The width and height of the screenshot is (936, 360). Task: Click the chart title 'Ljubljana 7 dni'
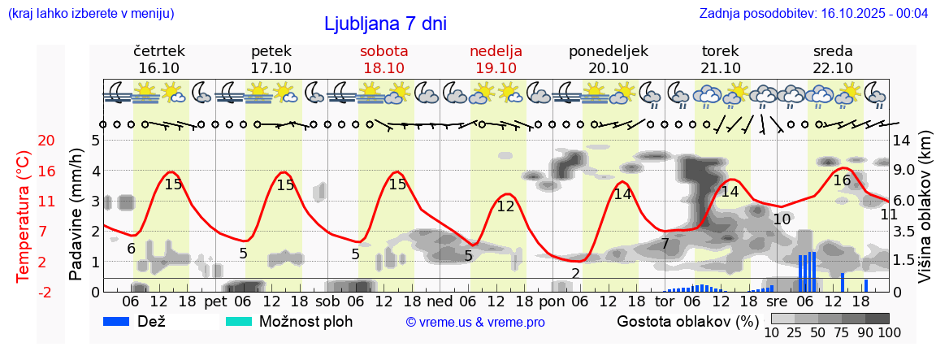(385, 24)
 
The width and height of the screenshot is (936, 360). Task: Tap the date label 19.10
(496, 68)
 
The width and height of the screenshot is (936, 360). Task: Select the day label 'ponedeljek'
(609, 51)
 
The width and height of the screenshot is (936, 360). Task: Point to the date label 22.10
(833, 68)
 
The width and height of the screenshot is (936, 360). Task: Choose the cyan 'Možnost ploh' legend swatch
(240, 322)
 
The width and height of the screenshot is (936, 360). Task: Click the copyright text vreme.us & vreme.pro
(475, 323)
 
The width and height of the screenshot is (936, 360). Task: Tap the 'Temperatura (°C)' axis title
(24, 216)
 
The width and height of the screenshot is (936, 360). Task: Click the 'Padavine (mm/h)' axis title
(76, 215)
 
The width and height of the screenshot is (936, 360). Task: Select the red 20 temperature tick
(24, 141)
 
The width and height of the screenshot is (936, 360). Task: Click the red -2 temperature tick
(24, 292)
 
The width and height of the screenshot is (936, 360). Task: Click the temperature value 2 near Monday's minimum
(575, 273)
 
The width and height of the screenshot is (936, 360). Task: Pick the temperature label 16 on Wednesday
(842, 180)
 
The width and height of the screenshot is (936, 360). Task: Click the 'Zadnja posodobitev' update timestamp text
(813, 14)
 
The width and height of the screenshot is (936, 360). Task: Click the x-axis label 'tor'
(665, 301)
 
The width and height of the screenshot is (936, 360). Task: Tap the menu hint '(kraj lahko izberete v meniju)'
(91, 14)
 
